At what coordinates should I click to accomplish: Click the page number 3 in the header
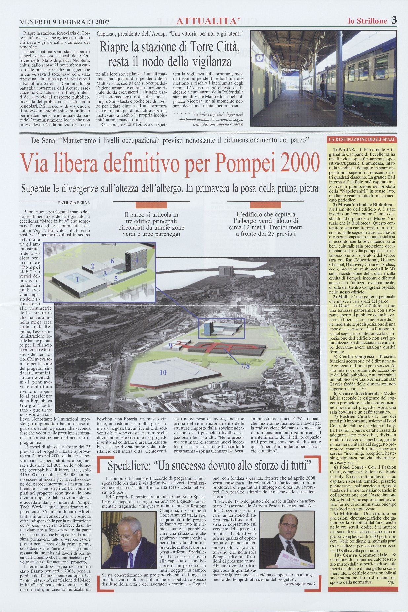(x=393, y=20)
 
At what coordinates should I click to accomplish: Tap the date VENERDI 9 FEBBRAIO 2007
(x=65, y=22)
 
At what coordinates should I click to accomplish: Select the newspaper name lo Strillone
(x=367, y=21)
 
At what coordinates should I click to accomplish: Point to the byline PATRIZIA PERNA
(x=69, y=202)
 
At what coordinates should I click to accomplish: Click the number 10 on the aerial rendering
(x=163, y=372)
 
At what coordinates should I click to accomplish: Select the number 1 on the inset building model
(x=77, y=280)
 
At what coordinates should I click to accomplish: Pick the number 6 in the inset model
(x=112, y=261)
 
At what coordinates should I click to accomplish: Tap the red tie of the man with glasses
(x=131, y=559)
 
